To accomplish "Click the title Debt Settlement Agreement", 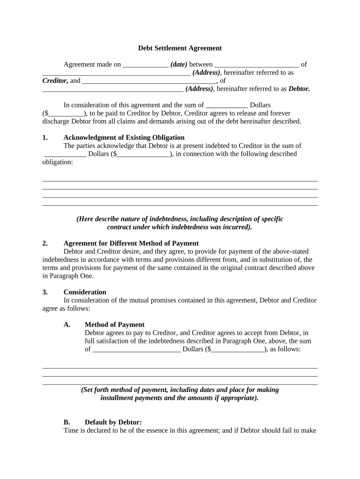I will pos(180,48).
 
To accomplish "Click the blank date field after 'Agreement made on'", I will pos(145,65).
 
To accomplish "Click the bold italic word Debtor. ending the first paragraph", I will pos(299,88).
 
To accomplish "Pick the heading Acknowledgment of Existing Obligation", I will pos(124,138).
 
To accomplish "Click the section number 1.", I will pos(45,138).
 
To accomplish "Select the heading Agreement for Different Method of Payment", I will pos(131,243).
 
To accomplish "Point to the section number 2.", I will pos(45,243).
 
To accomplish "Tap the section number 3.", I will pos(45,292).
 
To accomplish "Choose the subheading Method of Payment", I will pos(115,325).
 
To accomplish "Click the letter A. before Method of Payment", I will pos(67,325).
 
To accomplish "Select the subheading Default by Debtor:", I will pos(113,422).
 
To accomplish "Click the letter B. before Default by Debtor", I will pos(67,422).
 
